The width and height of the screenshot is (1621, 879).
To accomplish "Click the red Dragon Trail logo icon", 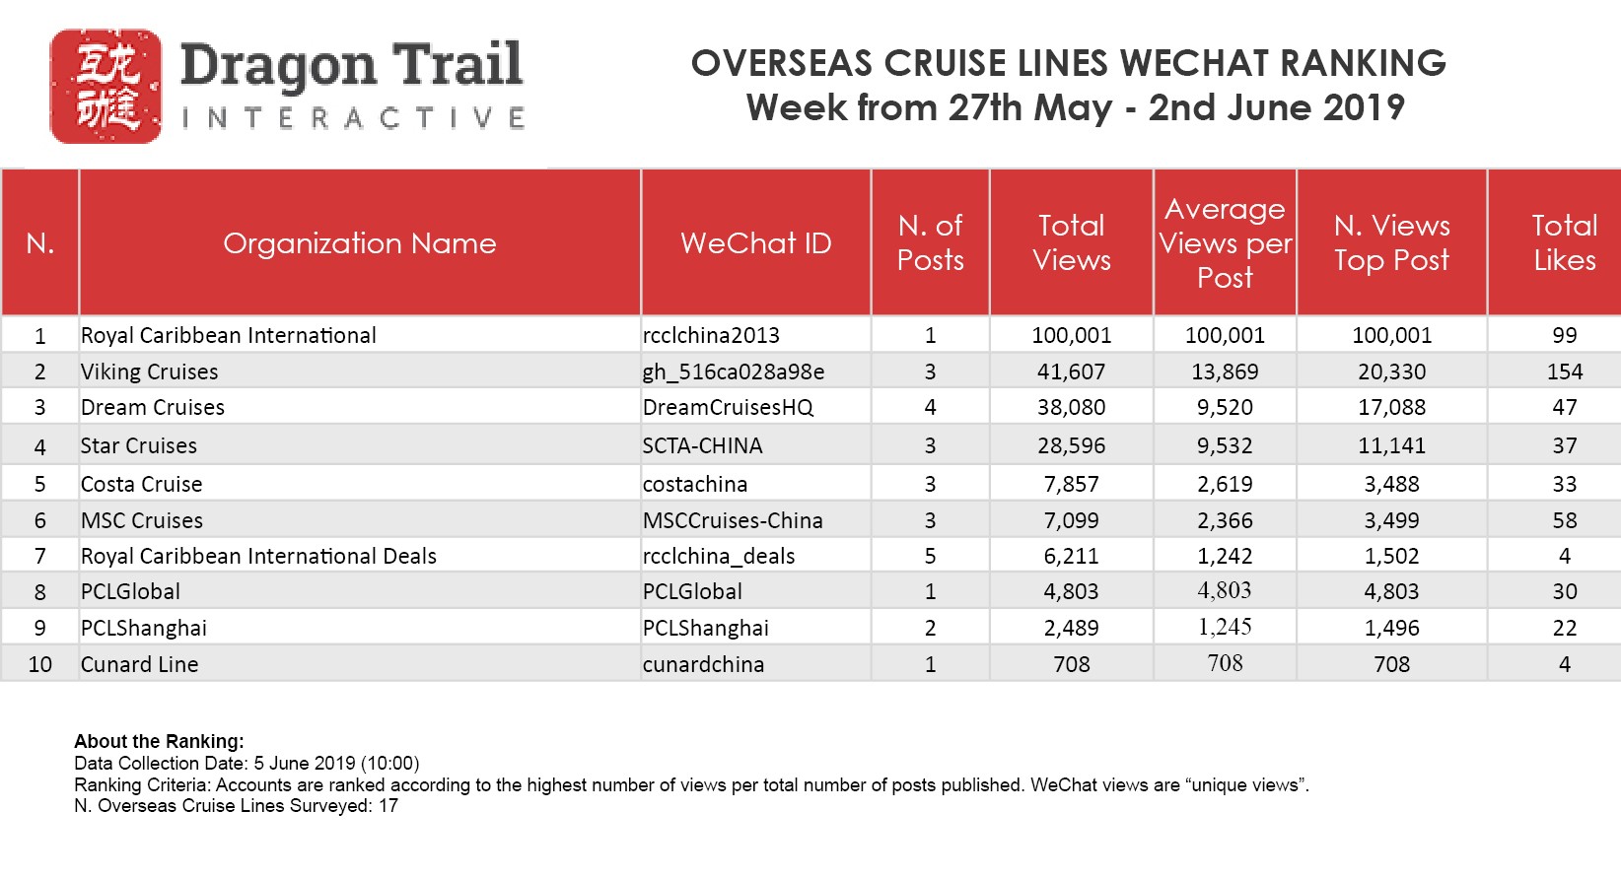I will click(x=106, y=86).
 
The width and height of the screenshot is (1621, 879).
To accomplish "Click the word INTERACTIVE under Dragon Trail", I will click(x=353, y=119).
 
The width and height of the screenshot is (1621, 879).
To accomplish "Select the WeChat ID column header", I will click(x=755, y=243).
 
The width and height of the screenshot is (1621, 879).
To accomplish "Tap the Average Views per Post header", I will click(x=1225, y=243).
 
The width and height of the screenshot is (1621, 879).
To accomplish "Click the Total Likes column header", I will click(x=1564, y=243).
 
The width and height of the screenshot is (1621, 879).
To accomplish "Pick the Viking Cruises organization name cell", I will click(x=150, y=372).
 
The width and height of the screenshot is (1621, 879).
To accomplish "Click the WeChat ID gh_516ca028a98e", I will click(x=734, y=372).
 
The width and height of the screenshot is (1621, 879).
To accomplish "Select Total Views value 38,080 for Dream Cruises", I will click(x=1071, y=407).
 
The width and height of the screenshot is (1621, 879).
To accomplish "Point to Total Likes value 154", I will click(x=1564, y=372).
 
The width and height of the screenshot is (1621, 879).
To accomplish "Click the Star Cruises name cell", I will click(x=139, y=445).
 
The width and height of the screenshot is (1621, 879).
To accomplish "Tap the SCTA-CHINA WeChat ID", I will click(x=702, y=445).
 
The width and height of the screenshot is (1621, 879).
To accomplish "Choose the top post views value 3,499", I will click(x=1391, y=520).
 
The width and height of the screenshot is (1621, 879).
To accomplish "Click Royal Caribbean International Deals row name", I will click(x=258, y=556).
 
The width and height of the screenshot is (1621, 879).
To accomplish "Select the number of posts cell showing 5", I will click(x=930, y=556).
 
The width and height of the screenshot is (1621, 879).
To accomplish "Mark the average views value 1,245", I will click(x=1225, y=627).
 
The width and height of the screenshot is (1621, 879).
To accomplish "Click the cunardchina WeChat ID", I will click(x=703, y=664).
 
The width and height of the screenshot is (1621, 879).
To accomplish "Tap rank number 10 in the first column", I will click(x=39, y=664).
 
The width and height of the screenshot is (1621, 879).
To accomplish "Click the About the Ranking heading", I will click(x=159, y=741).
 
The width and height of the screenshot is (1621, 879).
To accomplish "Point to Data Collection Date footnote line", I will click(x=247, y=763).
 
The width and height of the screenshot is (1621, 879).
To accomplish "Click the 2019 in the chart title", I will click(x=1365, y=107).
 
